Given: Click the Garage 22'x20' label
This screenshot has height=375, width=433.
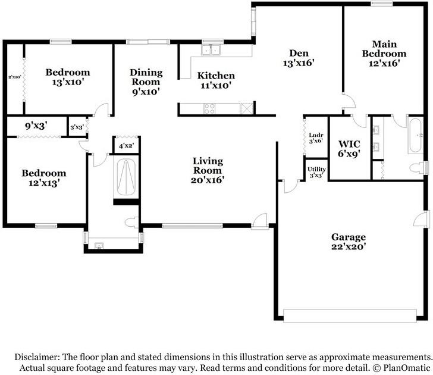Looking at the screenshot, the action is click(x=349, y=242).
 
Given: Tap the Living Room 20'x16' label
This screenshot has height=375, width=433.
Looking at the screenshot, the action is click(x=208, y=170).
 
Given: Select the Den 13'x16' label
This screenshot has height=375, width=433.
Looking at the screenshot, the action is click(x=299, y=58).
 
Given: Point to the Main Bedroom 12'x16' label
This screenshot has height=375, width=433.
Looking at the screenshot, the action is click(x=384, y=54).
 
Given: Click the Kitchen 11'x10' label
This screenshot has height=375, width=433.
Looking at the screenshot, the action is click(x=216, y=80).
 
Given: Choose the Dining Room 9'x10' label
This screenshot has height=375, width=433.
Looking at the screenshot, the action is click(x=146, y=82).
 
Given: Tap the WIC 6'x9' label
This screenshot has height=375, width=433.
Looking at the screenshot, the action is click(x=349, y=149).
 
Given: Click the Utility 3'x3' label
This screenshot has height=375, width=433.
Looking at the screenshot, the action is click(x=317, y=172).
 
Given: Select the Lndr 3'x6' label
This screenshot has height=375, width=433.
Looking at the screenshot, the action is click(x=316, y=137).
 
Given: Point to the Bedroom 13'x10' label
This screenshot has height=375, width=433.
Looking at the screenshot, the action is click(x=68, y=77).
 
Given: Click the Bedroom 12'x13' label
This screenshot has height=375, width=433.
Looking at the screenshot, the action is click(x=44, y=178).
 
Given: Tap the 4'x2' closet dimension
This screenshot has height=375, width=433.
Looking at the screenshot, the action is click(x=127, y=145).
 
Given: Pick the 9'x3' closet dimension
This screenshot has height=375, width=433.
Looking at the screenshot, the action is click(x=36, y=126).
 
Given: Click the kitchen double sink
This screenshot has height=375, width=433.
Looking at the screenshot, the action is click(x=211, y=50).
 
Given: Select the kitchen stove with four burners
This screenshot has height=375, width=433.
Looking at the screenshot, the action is click(x=209, y=108).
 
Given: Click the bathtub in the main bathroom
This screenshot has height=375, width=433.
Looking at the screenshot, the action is click(x=415, y=135).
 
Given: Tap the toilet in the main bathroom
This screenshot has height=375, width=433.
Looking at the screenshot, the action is click(x=418, y=168).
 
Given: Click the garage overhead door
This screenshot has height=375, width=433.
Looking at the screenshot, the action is click(x=350, y=315).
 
